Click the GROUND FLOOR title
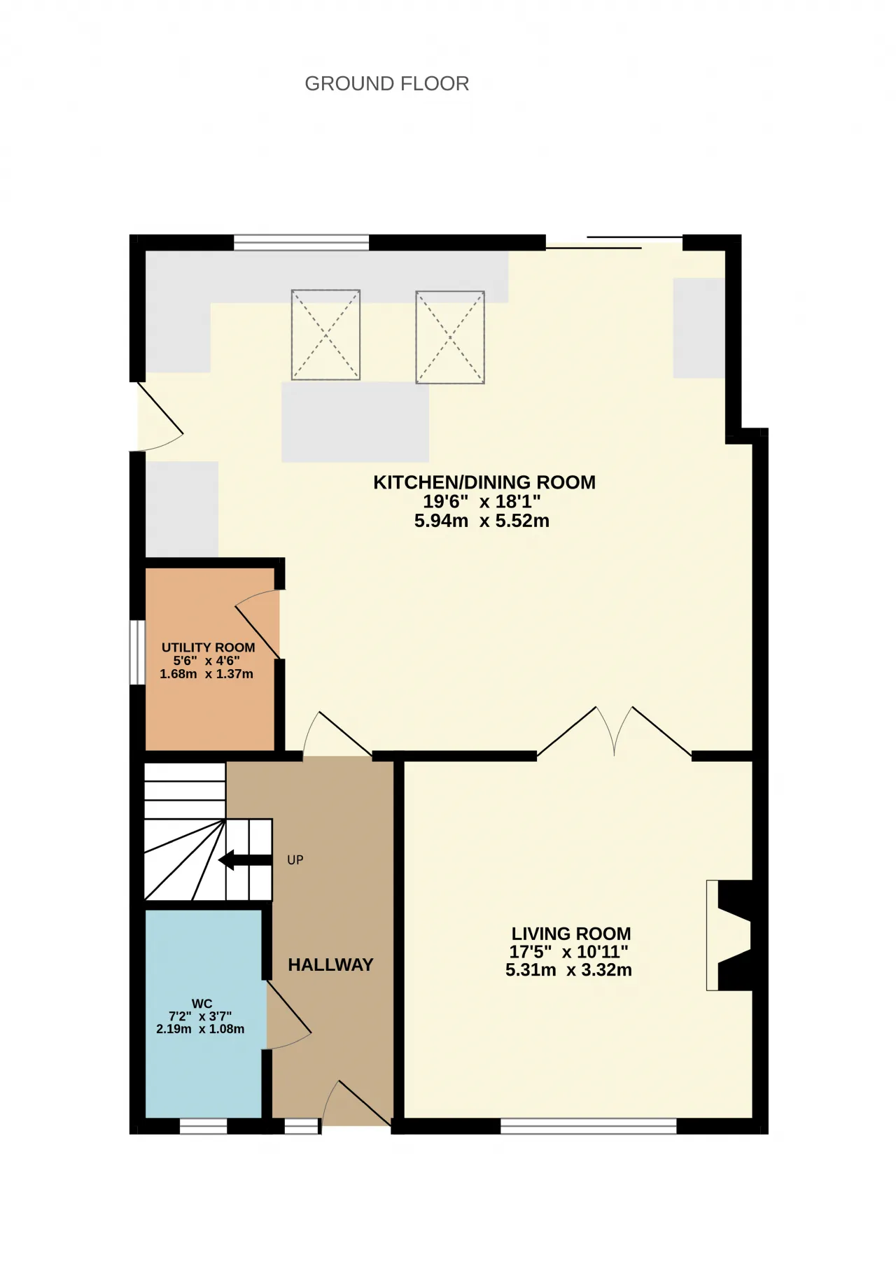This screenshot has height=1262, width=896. click(386, 84)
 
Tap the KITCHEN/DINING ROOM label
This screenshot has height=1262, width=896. click(484, 482)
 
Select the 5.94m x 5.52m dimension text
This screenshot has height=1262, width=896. click(482, 521)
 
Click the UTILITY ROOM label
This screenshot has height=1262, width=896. click(208, 647)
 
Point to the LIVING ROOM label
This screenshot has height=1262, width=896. click(571, 934)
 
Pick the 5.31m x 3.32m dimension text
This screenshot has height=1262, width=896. click(568, 970)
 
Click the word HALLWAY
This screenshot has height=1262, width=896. click(330, 965)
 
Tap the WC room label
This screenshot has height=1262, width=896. click(202, 1004)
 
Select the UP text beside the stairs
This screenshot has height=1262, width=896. click(295, 860)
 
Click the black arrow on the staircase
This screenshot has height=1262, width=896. click(244, 860)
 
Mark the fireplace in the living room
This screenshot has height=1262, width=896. click(729, 935)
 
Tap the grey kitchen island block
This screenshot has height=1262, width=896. click(355, 422)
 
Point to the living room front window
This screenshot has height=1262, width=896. click(589, 1126)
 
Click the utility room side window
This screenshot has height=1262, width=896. click(136, 652)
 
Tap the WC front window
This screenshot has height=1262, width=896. click(204, 1126)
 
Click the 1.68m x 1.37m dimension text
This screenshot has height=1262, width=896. click(206, 674)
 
